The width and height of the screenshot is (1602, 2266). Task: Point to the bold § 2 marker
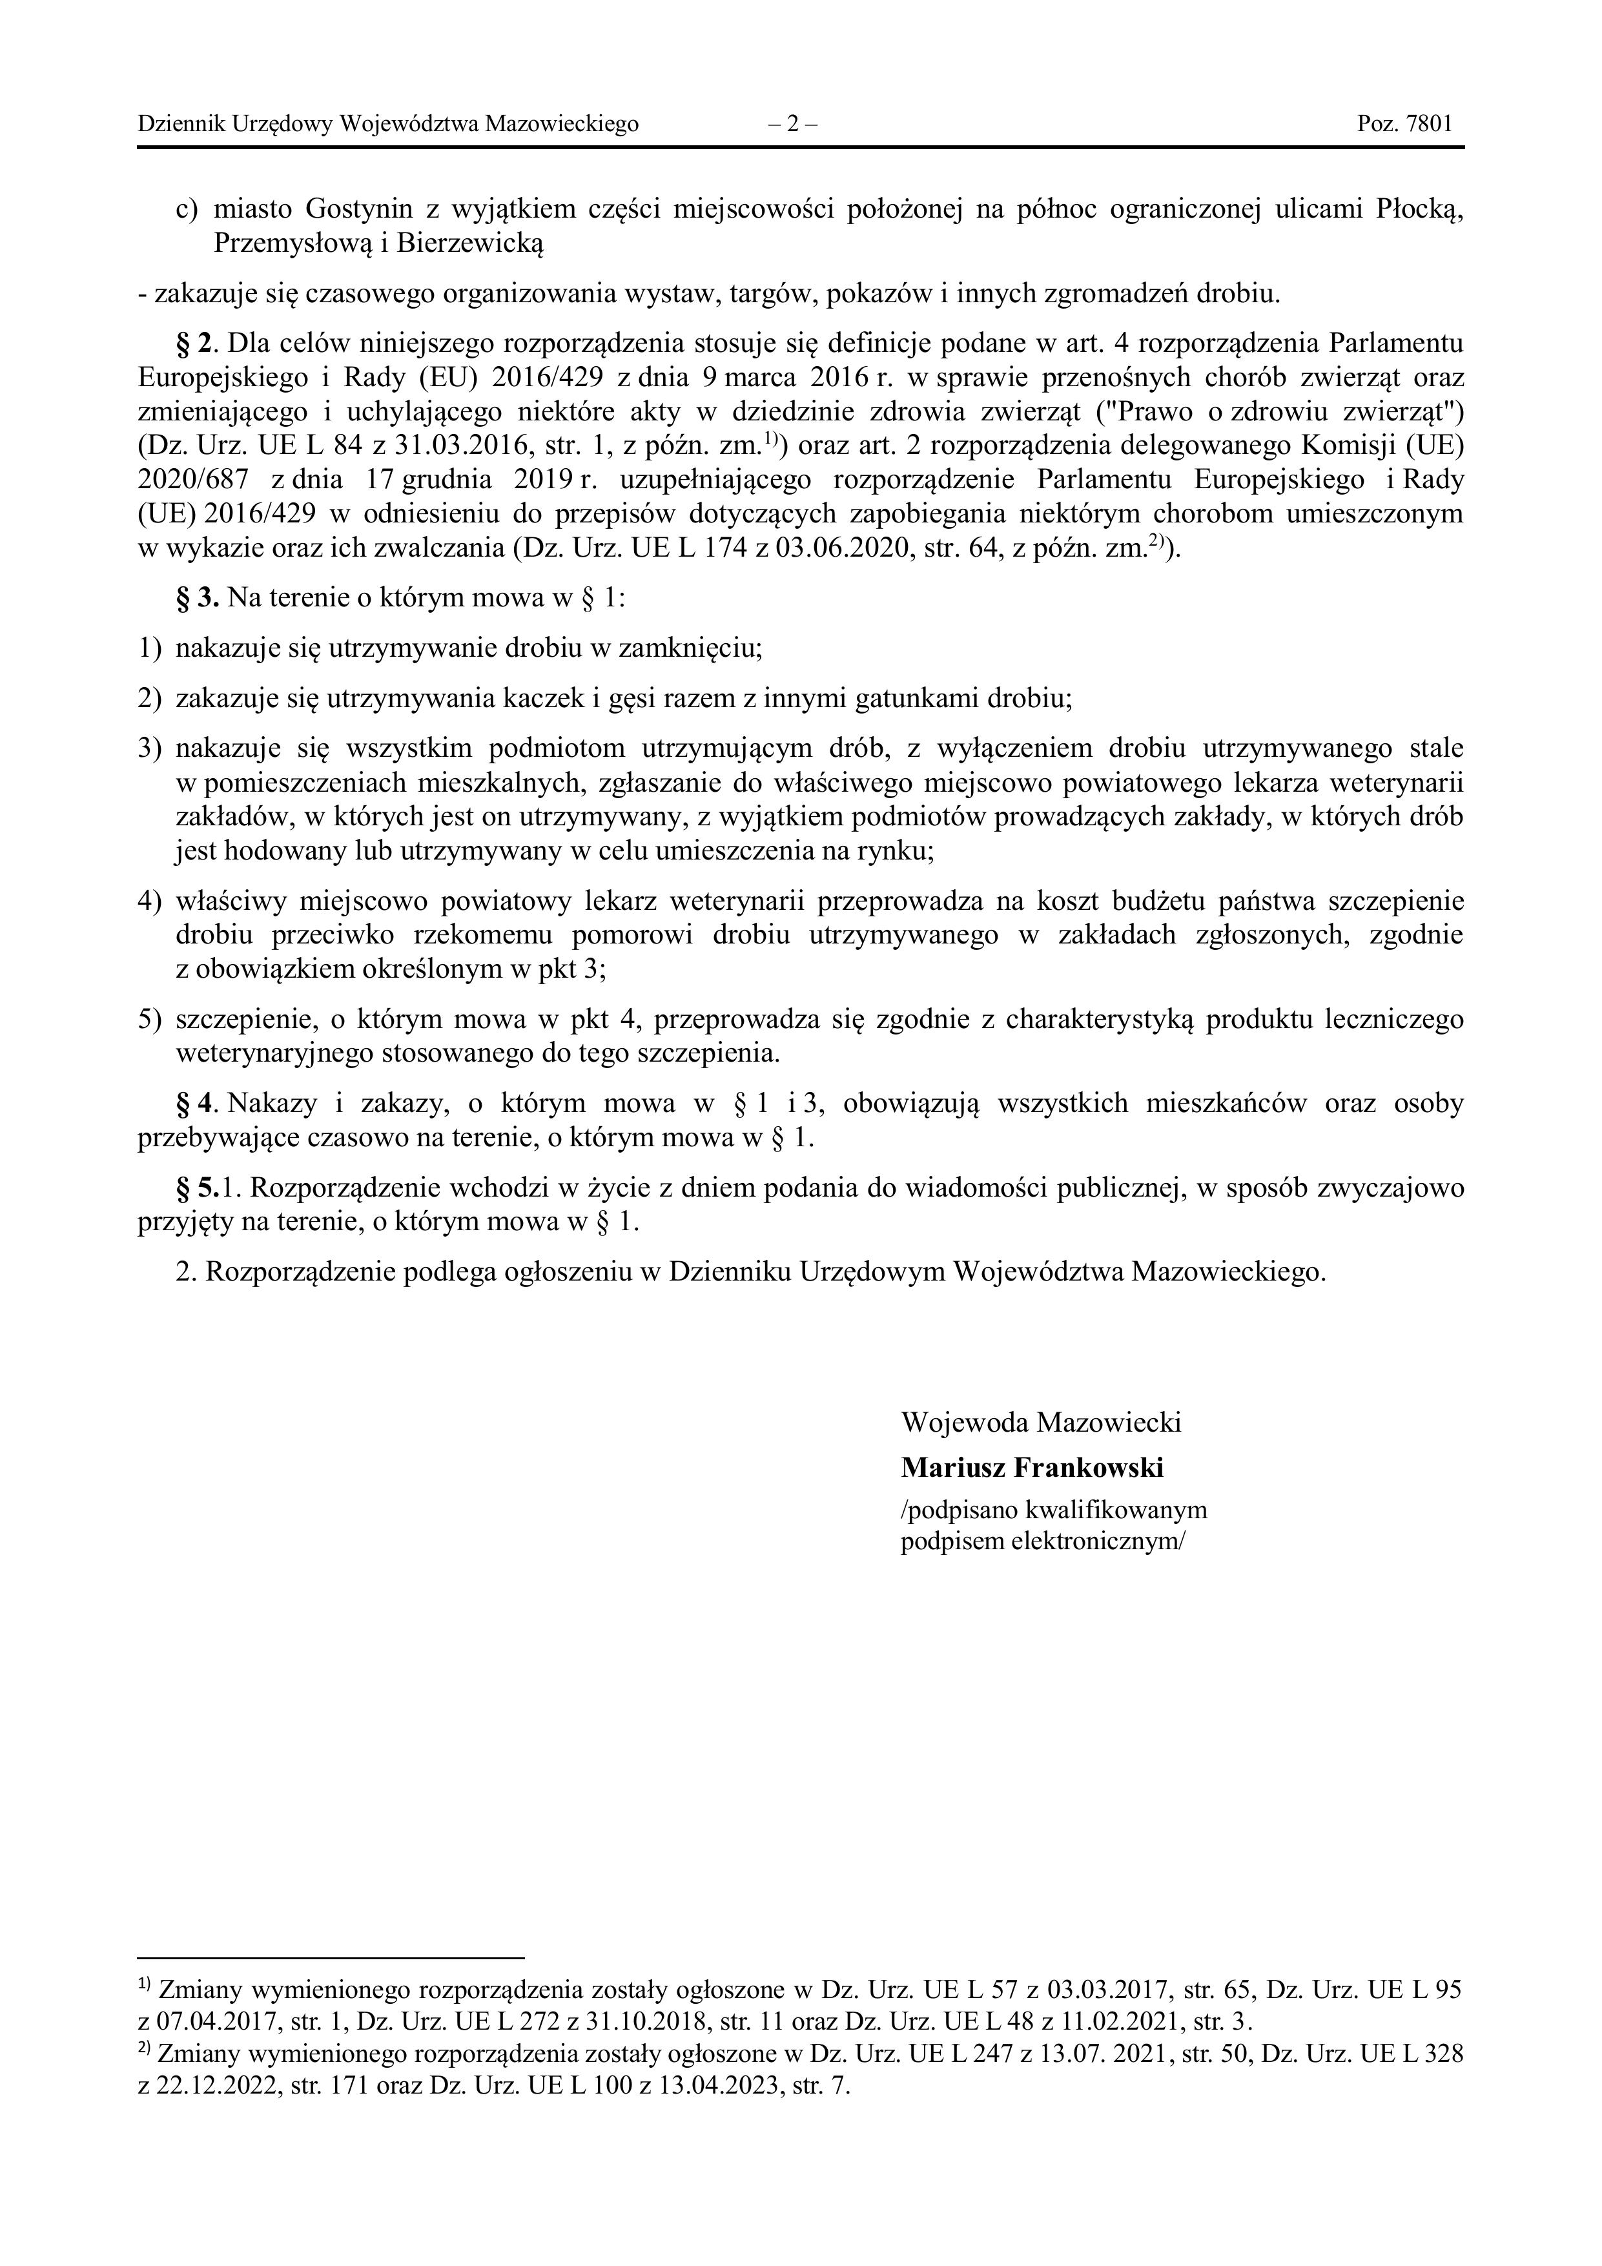tap(194, 344)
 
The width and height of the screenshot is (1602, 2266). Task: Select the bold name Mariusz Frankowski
tap(1031, 1468)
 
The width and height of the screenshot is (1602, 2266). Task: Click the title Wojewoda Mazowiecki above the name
tap(1040, 1422)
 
